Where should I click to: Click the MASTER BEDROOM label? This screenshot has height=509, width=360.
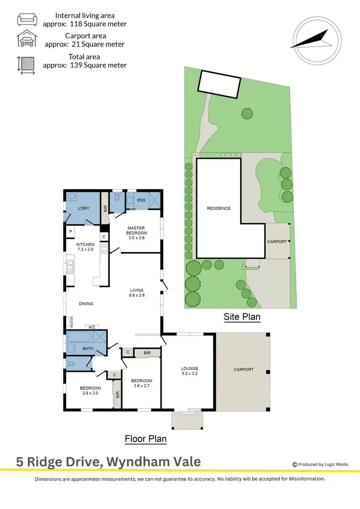136,229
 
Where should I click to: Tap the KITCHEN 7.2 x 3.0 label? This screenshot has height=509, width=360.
85,247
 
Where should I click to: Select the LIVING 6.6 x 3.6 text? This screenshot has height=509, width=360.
137,293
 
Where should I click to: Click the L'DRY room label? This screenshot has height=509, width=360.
83,208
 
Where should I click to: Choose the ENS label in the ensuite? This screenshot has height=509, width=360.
141,201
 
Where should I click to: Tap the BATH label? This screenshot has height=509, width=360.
88,348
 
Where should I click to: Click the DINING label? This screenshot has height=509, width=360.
86,304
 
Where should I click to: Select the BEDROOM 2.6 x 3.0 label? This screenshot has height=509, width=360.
90,391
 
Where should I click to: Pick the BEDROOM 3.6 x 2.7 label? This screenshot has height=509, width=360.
142,383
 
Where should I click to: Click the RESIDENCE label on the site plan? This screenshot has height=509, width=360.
219,208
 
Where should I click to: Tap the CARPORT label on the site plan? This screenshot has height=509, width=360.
277,242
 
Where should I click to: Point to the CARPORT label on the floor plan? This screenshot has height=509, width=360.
244,369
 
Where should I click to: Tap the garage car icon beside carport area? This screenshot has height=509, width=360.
26,40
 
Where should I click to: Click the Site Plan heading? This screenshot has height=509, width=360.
242,316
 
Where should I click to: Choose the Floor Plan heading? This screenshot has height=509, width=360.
145,439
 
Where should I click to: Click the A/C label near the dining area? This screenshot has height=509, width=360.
91,327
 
